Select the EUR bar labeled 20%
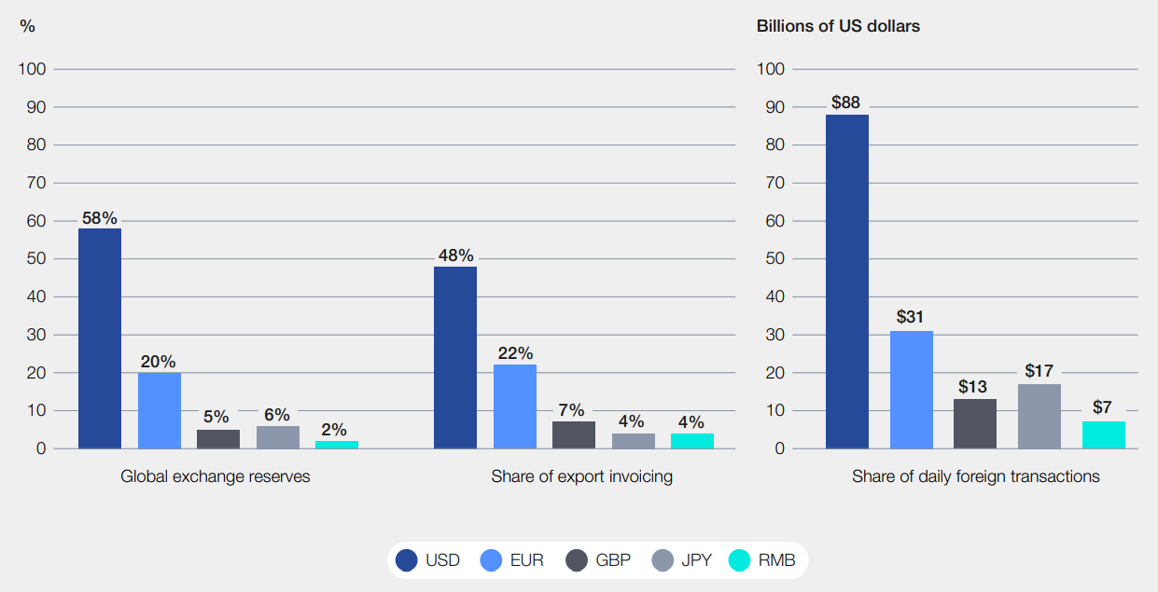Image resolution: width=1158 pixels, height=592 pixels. pos(160,410)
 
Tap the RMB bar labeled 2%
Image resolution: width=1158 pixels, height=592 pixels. pos(337,445)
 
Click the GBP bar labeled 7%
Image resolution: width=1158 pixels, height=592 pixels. pos(574,434)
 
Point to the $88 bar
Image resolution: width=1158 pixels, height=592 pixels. pos(847,282)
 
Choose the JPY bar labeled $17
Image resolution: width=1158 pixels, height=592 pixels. pos(1039,416)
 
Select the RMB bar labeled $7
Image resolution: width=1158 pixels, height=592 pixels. pos(1104,434)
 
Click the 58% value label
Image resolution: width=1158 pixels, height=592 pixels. pos(100,218)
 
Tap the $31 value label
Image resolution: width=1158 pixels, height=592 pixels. pos(910,317)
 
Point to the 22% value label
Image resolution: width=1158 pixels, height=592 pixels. pos(515,353)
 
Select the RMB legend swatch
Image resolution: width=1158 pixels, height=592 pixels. pos(739,560)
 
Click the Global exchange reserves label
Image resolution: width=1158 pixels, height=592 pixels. pos(216,476)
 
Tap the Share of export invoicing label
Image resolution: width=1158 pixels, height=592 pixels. pos(582,476)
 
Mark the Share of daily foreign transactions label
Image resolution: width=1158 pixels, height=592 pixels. pos(975,476)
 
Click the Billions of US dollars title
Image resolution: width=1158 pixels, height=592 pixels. pos(838,26)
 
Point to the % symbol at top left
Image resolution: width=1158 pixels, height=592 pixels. pos(27,26)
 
